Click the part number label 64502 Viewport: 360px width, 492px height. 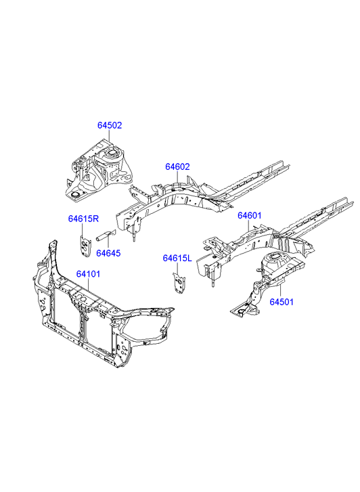point(110,125)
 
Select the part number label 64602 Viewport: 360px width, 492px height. point(178,166)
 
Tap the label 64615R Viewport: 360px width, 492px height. point(83,219)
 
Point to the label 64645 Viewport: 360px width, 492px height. point(108,253)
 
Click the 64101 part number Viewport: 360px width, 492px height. point(88,274)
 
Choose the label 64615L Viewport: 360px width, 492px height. point(177,259)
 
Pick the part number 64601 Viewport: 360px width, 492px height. point(249,216)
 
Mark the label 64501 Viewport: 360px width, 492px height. point(282,302)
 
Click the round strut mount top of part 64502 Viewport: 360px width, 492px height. point(112,154)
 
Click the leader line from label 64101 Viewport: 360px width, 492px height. point(88,285)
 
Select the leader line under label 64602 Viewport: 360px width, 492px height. point(177,177)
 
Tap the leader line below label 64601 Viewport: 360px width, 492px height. point(249,226)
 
